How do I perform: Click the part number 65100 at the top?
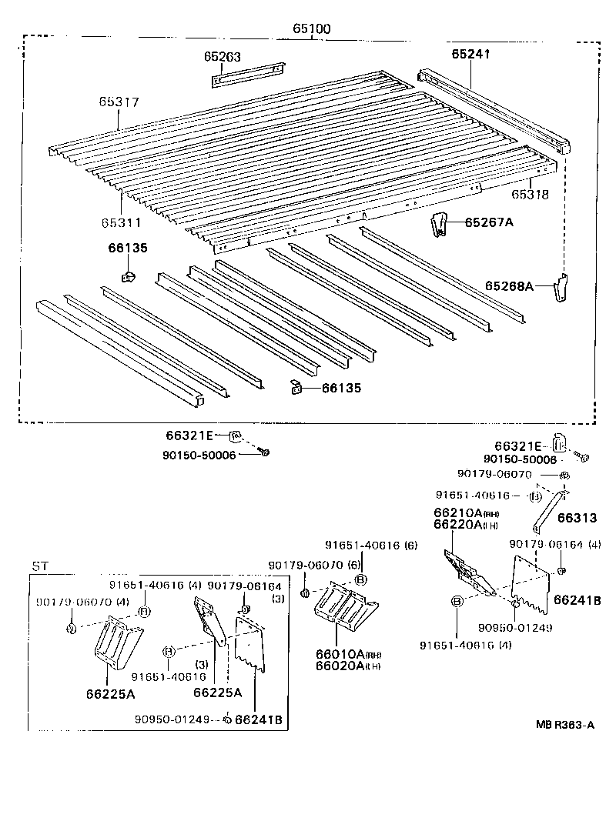click(311, 29)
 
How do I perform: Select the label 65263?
click(223, 56)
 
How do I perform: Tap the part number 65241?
click(470, 54)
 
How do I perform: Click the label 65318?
click(531, 195)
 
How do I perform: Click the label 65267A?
click(488, 222)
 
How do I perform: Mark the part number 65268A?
click(509, 285)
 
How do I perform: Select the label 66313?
click(577, 519)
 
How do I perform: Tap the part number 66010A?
click(336, 654)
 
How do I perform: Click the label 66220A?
click(457, 525)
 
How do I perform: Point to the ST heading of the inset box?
click(40, 566)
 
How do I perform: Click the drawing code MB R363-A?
click(566, 724)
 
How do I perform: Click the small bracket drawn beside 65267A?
click(437, 224)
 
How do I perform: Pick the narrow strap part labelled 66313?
click(547, 509)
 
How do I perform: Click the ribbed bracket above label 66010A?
click(343, 608)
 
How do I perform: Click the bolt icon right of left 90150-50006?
click(264, 453)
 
